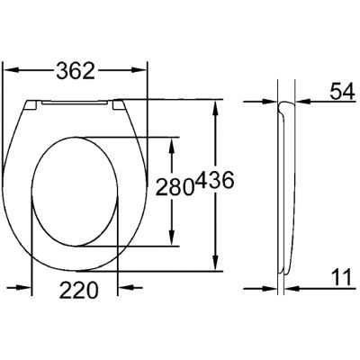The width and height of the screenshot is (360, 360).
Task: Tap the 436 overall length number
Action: [x=216, y=183]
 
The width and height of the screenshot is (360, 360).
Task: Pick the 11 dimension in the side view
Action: [x=340, y=279]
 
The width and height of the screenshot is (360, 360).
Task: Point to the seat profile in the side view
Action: [x=285, y=180]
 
